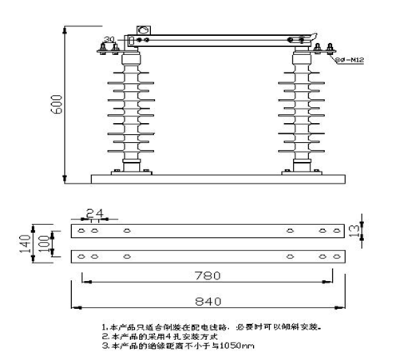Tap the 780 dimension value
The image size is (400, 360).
[204, 276]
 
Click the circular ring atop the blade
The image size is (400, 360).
[145, 33]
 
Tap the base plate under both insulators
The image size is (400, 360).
[216, 178]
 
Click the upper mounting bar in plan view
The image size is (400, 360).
[204, 231]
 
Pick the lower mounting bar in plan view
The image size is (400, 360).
[204, 256]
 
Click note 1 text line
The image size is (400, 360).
[212, 327]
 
